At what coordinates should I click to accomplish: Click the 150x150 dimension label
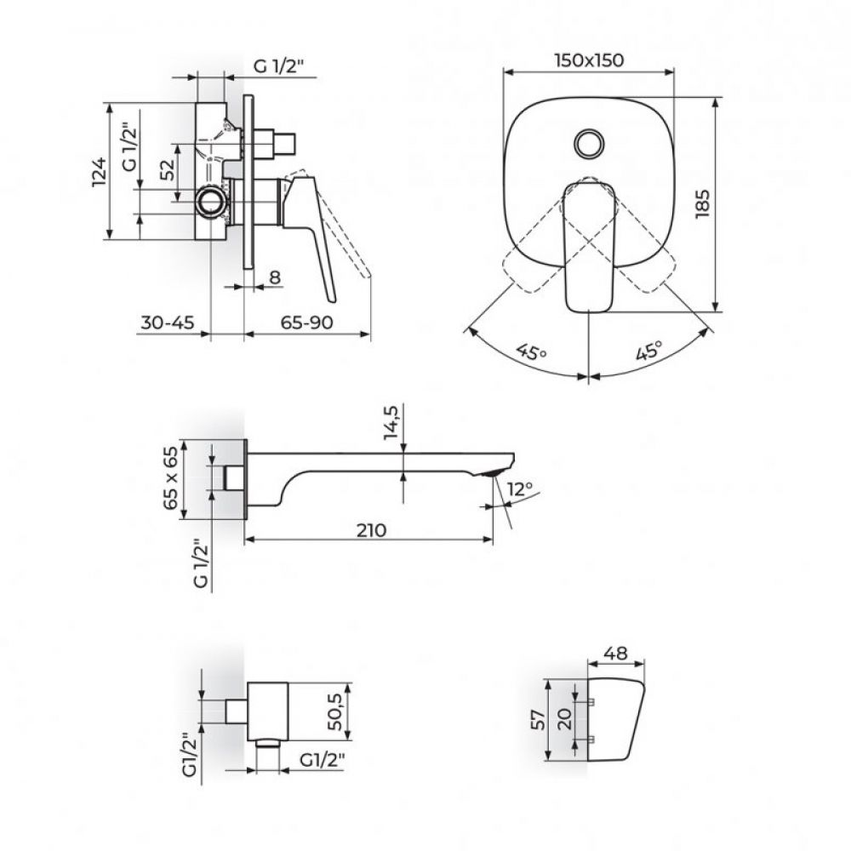(x=588, y=60)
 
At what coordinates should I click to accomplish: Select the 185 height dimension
(x=702, y=204)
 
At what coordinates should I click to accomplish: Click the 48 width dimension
(x=618, y=654)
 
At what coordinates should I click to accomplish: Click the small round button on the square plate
(x=588, y=142)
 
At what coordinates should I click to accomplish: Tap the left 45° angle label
(x=531, y=351)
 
